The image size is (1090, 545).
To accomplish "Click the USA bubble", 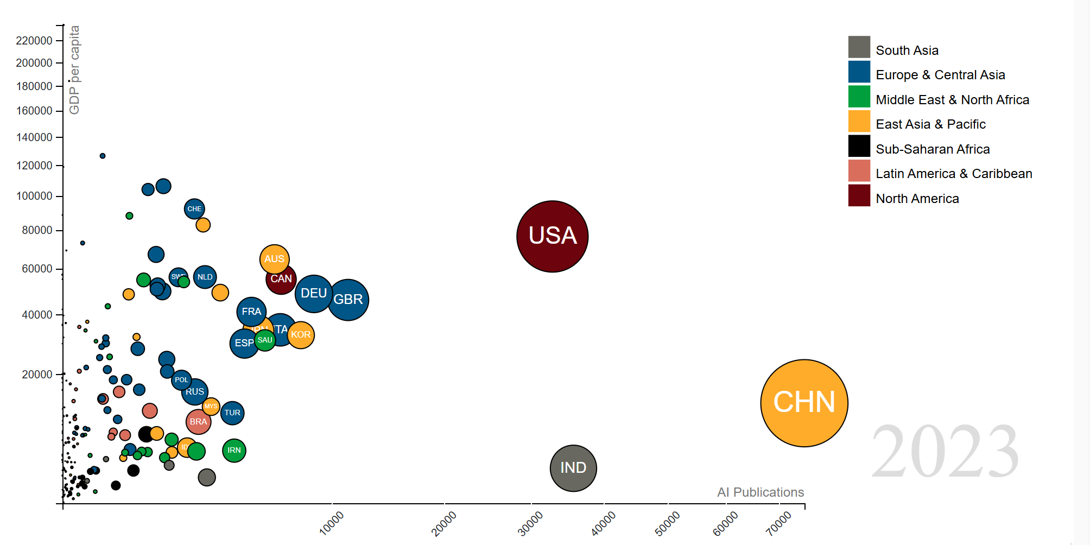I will coord(552,236).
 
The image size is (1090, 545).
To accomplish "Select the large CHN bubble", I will coord(804,403).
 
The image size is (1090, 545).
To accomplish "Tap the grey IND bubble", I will coord(573,468).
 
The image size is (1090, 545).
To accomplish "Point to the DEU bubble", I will coord(313,294).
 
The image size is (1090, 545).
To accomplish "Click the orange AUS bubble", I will coord(274,259).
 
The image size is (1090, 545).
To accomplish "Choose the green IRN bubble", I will coord(234,450).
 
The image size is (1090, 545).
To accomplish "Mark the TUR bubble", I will coord(232,413).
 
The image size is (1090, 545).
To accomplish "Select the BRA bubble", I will coord(198,422).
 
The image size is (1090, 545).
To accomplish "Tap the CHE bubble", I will coord(194,209).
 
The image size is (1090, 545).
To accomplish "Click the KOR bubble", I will coord(301,335).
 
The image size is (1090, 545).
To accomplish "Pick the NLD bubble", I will coord(205,277).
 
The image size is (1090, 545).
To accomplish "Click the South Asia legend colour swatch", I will coord(859,47).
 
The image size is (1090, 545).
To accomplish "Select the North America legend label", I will coord(917,199).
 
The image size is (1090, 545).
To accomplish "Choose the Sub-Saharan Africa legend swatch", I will coord(859,146).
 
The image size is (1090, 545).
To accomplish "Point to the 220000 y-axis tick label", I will coord(34,41).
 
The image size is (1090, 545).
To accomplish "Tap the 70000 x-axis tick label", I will coord(779,523).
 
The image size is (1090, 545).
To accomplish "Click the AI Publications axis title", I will coord(760,492).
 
